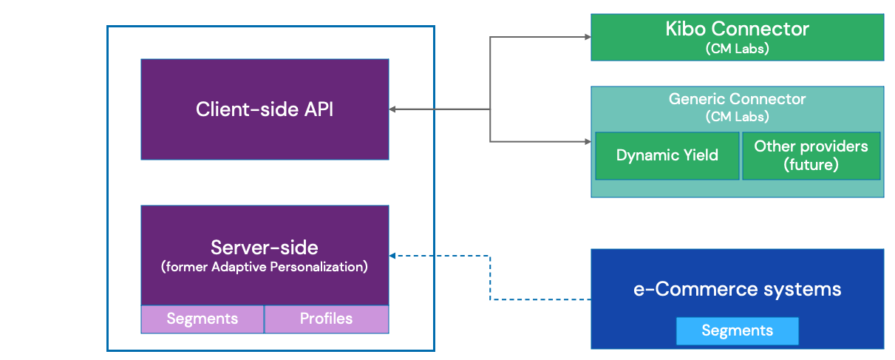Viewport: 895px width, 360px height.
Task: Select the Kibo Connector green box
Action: click(737, 36)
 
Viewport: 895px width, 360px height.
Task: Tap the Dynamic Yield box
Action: click(667, 155)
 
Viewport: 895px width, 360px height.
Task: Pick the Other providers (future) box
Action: click(811, 155)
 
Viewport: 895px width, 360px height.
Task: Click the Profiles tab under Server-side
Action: click(326, 319)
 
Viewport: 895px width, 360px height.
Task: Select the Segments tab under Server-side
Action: click(203, 319)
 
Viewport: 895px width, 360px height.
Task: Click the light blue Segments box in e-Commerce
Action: click(737, 330)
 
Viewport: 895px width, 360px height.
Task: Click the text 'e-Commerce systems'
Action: click(737, 289)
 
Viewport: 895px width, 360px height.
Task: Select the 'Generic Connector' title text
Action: click(737, 99)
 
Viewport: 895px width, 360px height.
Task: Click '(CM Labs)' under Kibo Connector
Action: click(737, 49)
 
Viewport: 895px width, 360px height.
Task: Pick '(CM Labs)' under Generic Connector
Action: click(737, 116)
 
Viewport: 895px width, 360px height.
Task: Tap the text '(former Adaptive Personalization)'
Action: click(265, 267)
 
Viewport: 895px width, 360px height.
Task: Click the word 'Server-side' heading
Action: click(265, 247)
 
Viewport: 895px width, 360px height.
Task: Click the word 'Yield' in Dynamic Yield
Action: click(698, 155)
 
